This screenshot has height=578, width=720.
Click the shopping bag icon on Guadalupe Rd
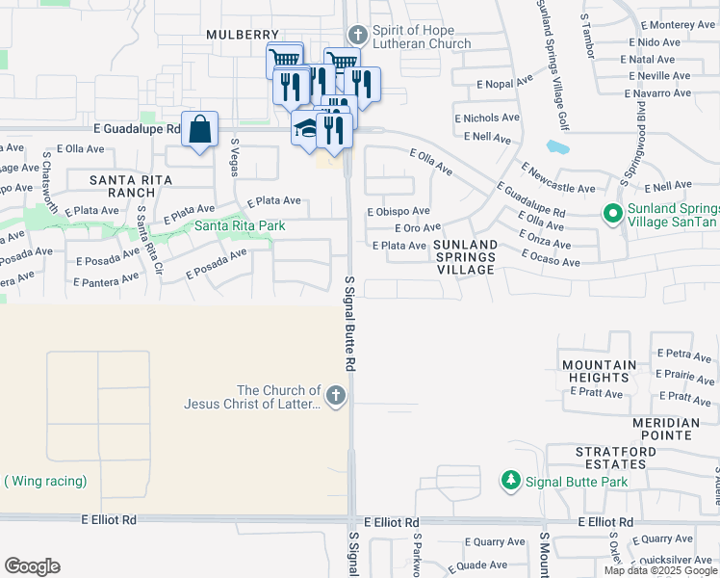[x=199, y=130]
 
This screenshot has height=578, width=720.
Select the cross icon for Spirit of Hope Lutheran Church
[x=357, y=36]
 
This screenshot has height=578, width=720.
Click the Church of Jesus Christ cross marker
[x=335, y=396]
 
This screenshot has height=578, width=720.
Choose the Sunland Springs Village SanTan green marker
[x=610, y=213]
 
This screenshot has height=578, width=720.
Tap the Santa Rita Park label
[x=239, y=226]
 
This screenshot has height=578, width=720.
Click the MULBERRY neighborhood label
[x=242, y=35]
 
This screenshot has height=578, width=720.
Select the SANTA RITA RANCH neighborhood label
[x=130, y=186]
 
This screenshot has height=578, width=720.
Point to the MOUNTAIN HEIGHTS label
[x=602, y=372]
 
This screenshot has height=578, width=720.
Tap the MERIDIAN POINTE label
[x=666, y=430]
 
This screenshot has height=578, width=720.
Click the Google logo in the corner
[x=32, y=566]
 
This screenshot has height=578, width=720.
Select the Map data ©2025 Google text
[x=660, y=570]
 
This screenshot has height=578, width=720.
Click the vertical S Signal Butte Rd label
[x=350, y=323]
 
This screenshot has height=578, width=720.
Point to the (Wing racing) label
[x=45, y=481]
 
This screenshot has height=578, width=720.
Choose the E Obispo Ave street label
[x=399, y=212]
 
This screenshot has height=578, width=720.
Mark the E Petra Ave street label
[x=683, y=356]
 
